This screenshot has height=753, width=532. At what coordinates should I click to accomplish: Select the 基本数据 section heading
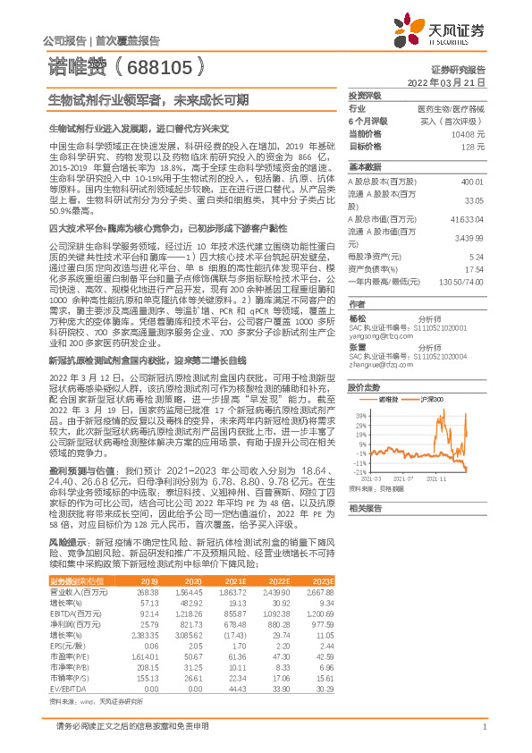[364, 167]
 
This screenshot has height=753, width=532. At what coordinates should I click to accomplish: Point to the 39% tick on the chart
[360, 416]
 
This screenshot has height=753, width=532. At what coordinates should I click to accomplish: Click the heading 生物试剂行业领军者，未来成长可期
[148, 100]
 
